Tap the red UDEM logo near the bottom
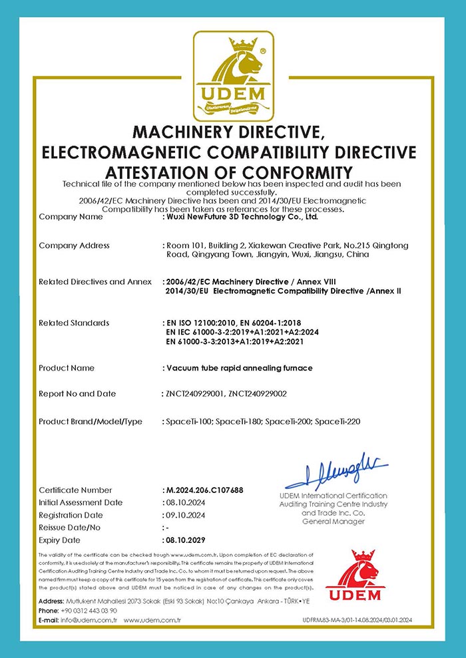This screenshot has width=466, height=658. pos(362,575)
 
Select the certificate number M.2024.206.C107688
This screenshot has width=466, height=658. pos(204,490)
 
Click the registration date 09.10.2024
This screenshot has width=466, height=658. pos(184,515)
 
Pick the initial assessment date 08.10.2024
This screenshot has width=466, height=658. pos(184,502)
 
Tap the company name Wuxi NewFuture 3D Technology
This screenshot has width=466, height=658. pos(242,217)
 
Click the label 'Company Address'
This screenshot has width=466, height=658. pos(74,246)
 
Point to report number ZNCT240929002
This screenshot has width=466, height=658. pos(258,394)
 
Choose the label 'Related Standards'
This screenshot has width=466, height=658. pos(73,323)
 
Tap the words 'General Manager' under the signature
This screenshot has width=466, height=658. pos(334,522)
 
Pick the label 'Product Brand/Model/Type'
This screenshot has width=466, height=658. pos(91,422)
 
